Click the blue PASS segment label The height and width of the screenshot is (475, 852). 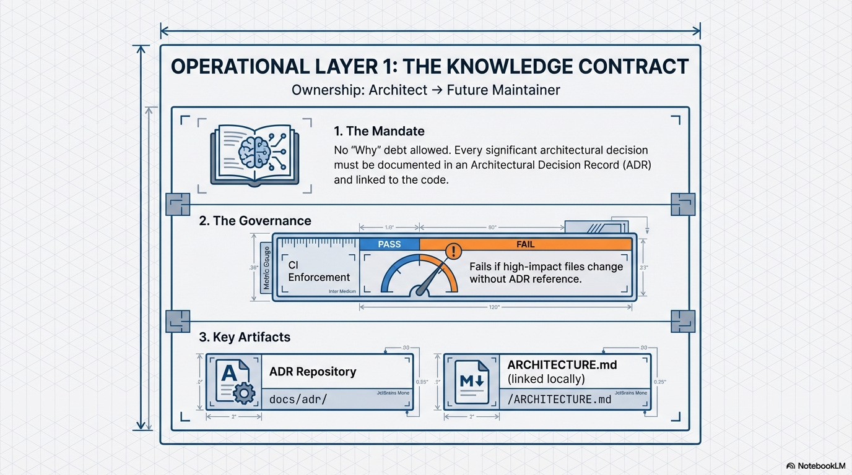tap(389, 244)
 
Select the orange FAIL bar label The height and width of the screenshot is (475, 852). tap(525, 244)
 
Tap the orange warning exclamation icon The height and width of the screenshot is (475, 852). tap(454, 250)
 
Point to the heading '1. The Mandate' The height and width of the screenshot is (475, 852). tap(379, 131)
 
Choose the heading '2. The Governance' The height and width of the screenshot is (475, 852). tap(255, 221)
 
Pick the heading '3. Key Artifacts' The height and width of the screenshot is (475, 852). tap(245, 338)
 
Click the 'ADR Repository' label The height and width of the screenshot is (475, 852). tap(313, 372)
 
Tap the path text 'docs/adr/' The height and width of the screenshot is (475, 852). tap(298, 400)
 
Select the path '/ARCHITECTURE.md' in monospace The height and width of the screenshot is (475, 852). tap(559, 400)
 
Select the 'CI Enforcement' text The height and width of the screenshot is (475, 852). tap(319, 271)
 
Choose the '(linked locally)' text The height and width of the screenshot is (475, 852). tap(546, 379)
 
